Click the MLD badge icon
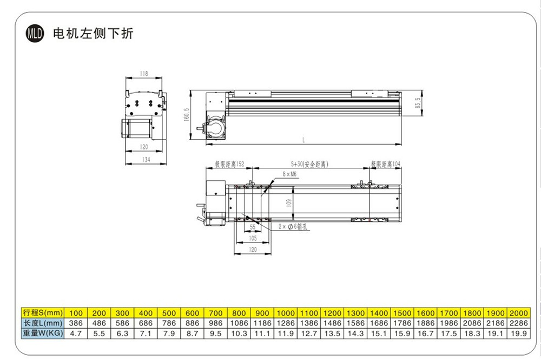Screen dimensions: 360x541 35,34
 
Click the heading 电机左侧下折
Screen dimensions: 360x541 93,34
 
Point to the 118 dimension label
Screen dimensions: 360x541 143,73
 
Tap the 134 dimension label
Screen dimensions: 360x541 146,160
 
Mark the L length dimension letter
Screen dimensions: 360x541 304,140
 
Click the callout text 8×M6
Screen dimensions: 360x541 289,174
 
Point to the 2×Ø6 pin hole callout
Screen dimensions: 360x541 292,228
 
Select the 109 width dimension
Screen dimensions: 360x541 289,204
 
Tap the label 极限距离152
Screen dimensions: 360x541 229,163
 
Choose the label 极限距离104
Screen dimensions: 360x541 385,163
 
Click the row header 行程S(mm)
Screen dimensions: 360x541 43,313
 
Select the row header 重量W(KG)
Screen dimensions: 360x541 43,333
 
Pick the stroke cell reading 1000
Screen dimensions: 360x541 285,313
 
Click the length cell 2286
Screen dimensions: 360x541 518,323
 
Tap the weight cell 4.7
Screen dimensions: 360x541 76,333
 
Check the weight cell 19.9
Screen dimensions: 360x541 518,333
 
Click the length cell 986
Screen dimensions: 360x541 215,323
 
